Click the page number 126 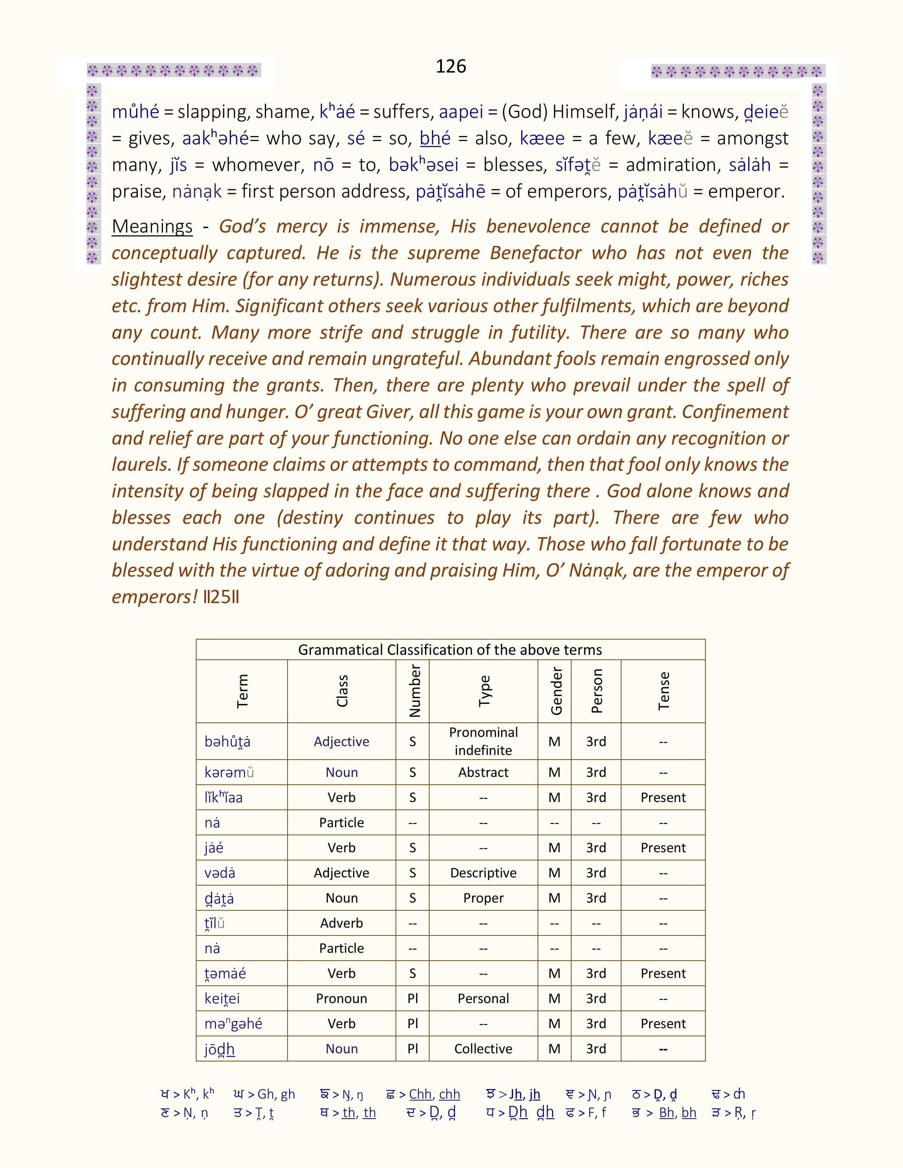coord(450,66)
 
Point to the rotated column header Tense coord(663,691)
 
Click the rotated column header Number coord(414,691)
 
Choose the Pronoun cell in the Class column coord(341,998)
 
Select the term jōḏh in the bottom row coord(219,1048)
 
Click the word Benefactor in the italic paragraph coord(535,253)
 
